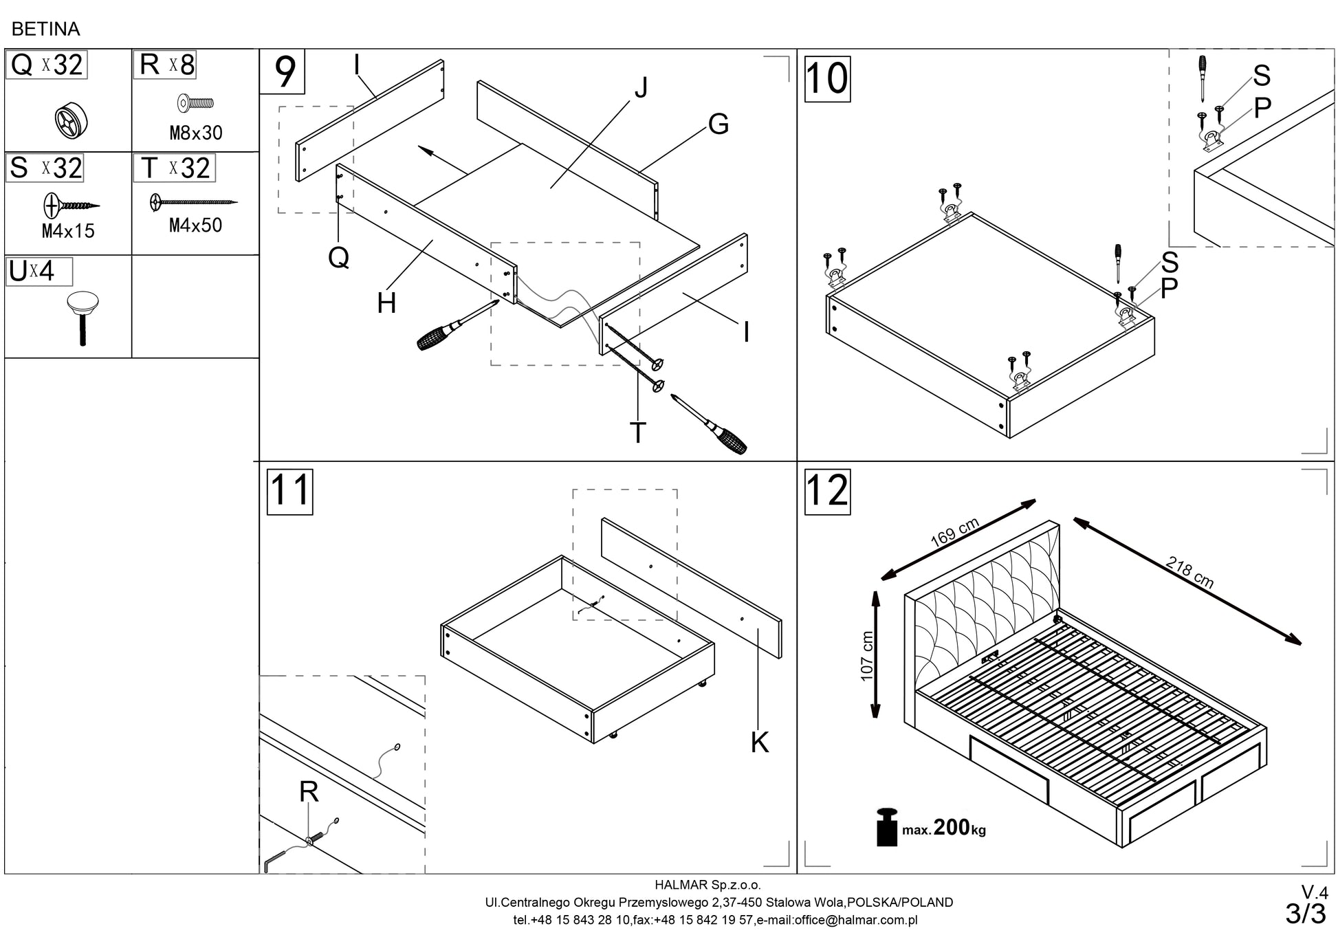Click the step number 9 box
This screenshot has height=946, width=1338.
coord(283,72)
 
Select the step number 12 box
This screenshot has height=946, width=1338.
coord(827,492)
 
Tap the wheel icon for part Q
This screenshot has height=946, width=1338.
coord(72,121)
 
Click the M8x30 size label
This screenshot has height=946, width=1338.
coord(196,133)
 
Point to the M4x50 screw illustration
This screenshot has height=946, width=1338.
coord(193,202)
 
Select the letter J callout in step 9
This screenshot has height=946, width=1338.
coord(641,89)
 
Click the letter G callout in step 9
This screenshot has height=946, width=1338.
coord(718,124)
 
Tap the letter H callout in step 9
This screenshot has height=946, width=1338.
coord(386,303)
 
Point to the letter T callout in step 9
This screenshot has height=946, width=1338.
coord(638,432)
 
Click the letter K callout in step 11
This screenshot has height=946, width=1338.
coord(760,742)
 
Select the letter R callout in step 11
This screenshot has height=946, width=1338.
coord(309,793)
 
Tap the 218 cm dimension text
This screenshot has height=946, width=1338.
coord(1189,573)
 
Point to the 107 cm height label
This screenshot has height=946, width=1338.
coord(868,656)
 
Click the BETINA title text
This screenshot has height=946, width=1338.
coord(46,29)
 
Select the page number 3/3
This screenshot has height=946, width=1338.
coord(1305,914)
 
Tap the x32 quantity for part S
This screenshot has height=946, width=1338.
coord(62,168)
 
